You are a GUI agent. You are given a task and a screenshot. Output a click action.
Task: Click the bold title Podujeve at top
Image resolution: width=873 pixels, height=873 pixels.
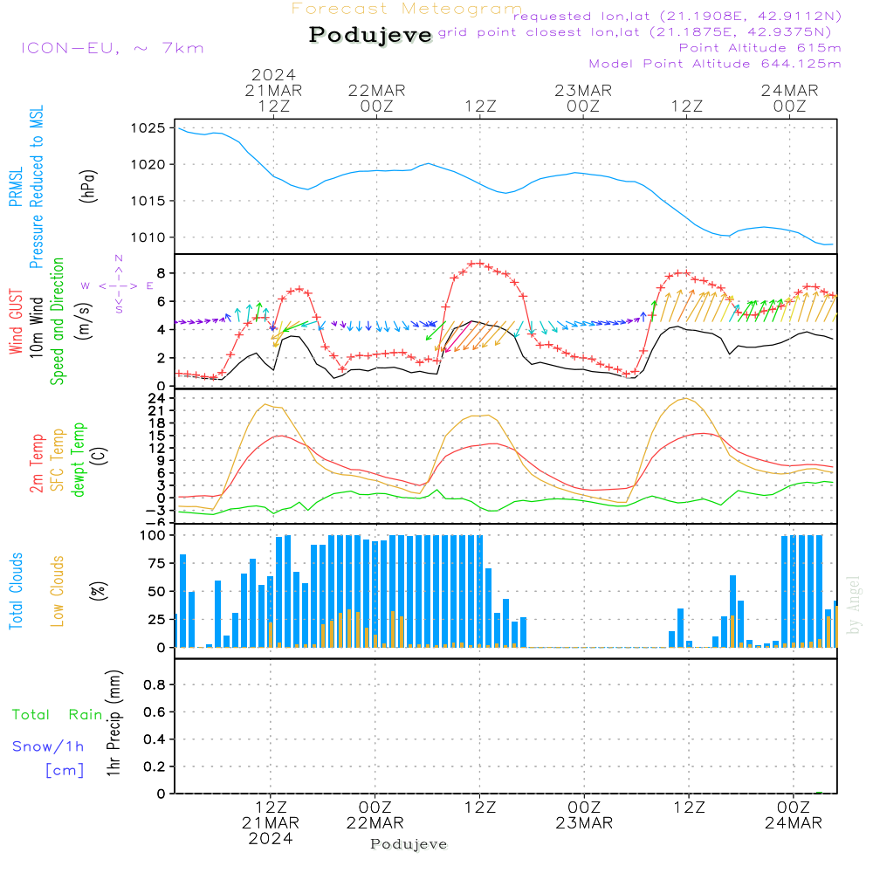[370, 35]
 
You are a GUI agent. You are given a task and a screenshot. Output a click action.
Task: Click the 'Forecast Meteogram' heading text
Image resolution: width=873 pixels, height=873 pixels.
[407, 9]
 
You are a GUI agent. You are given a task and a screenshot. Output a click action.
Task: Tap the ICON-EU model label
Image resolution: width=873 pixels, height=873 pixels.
[112, 47]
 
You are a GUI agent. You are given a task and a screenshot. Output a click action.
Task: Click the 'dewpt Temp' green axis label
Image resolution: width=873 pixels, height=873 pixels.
[79, 460]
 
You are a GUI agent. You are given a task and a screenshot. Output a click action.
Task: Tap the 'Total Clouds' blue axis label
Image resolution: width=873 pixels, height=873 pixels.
[17, 591]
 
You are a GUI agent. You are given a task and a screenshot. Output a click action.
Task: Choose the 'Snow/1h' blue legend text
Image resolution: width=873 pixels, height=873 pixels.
[48, 746]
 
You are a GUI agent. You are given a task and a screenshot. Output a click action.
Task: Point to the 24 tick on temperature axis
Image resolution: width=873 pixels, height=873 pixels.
[157, 398]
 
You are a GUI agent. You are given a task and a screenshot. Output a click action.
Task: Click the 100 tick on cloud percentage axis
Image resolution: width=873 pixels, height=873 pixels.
[153, 535]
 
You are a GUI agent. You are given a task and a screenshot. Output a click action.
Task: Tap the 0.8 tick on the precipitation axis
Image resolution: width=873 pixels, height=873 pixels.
[155, 685]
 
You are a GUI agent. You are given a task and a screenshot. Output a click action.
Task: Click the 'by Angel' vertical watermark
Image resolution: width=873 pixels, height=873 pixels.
[855, 605]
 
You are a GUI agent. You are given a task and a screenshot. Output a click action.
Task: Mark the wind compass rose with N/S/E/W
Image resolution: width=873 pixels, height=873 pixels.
[118, 285]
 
